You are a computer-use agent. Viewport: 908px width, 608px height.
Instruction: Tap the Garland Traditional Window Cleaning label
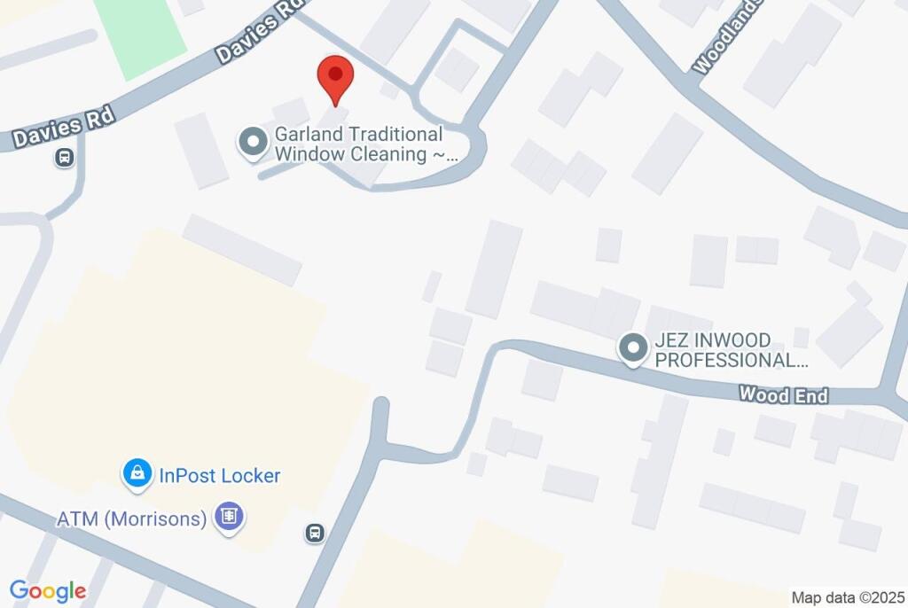click(358, 144)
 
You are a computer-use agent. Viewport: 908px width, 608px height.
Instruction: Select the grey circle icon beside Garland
click(253, 143)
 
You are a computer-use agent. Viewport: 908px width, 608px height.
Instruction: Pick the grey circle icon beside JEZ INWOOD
click(632, 348)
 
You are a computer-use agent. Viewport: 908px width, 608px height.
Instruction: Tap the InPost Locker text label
click(219, 475)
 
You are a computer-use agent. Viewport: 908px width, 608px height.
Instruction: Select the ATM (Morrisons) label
click(131, 518)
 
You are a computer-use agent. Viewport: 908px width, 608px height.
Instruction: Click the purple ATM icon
click(229, 517)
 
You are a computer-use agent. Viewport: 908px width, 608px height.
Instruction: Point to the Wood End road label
click(783, 395)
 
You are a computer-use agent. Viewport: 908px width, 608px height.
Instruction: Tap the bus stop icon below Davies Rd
click(63, 159)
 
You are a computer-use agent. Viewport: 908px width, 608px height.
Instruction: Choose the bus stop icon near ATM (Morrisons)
click(315, 534)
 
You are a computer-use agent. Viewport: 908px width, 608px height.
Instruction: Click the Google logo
click(48, 590)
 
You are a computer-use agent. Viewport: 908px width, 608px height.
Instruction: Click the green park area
click(139, 34)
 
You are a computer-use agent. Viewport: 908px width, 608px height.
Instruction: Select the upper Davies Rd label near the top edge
click(257, 31)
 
